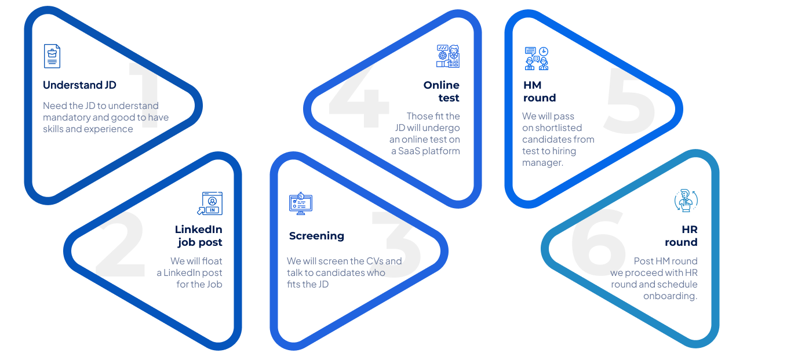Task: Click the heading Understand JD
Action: (79, 85)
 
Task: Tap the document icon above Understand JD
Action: (52, 56)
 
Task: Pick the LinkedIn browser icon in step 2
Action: (210, 203)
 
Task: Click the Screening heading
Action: (316, 236)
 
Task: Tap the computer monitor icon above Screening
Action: (300, 203)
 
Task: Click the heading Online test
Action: (442, 92)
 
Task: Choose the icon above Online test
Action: (448, 56)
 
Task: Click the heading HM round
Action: (539, 92)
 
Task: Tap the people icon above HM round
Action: (536, 59)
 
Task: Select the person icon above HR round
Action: (686, 201)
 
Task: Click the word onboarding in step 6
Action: (670, 296)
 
